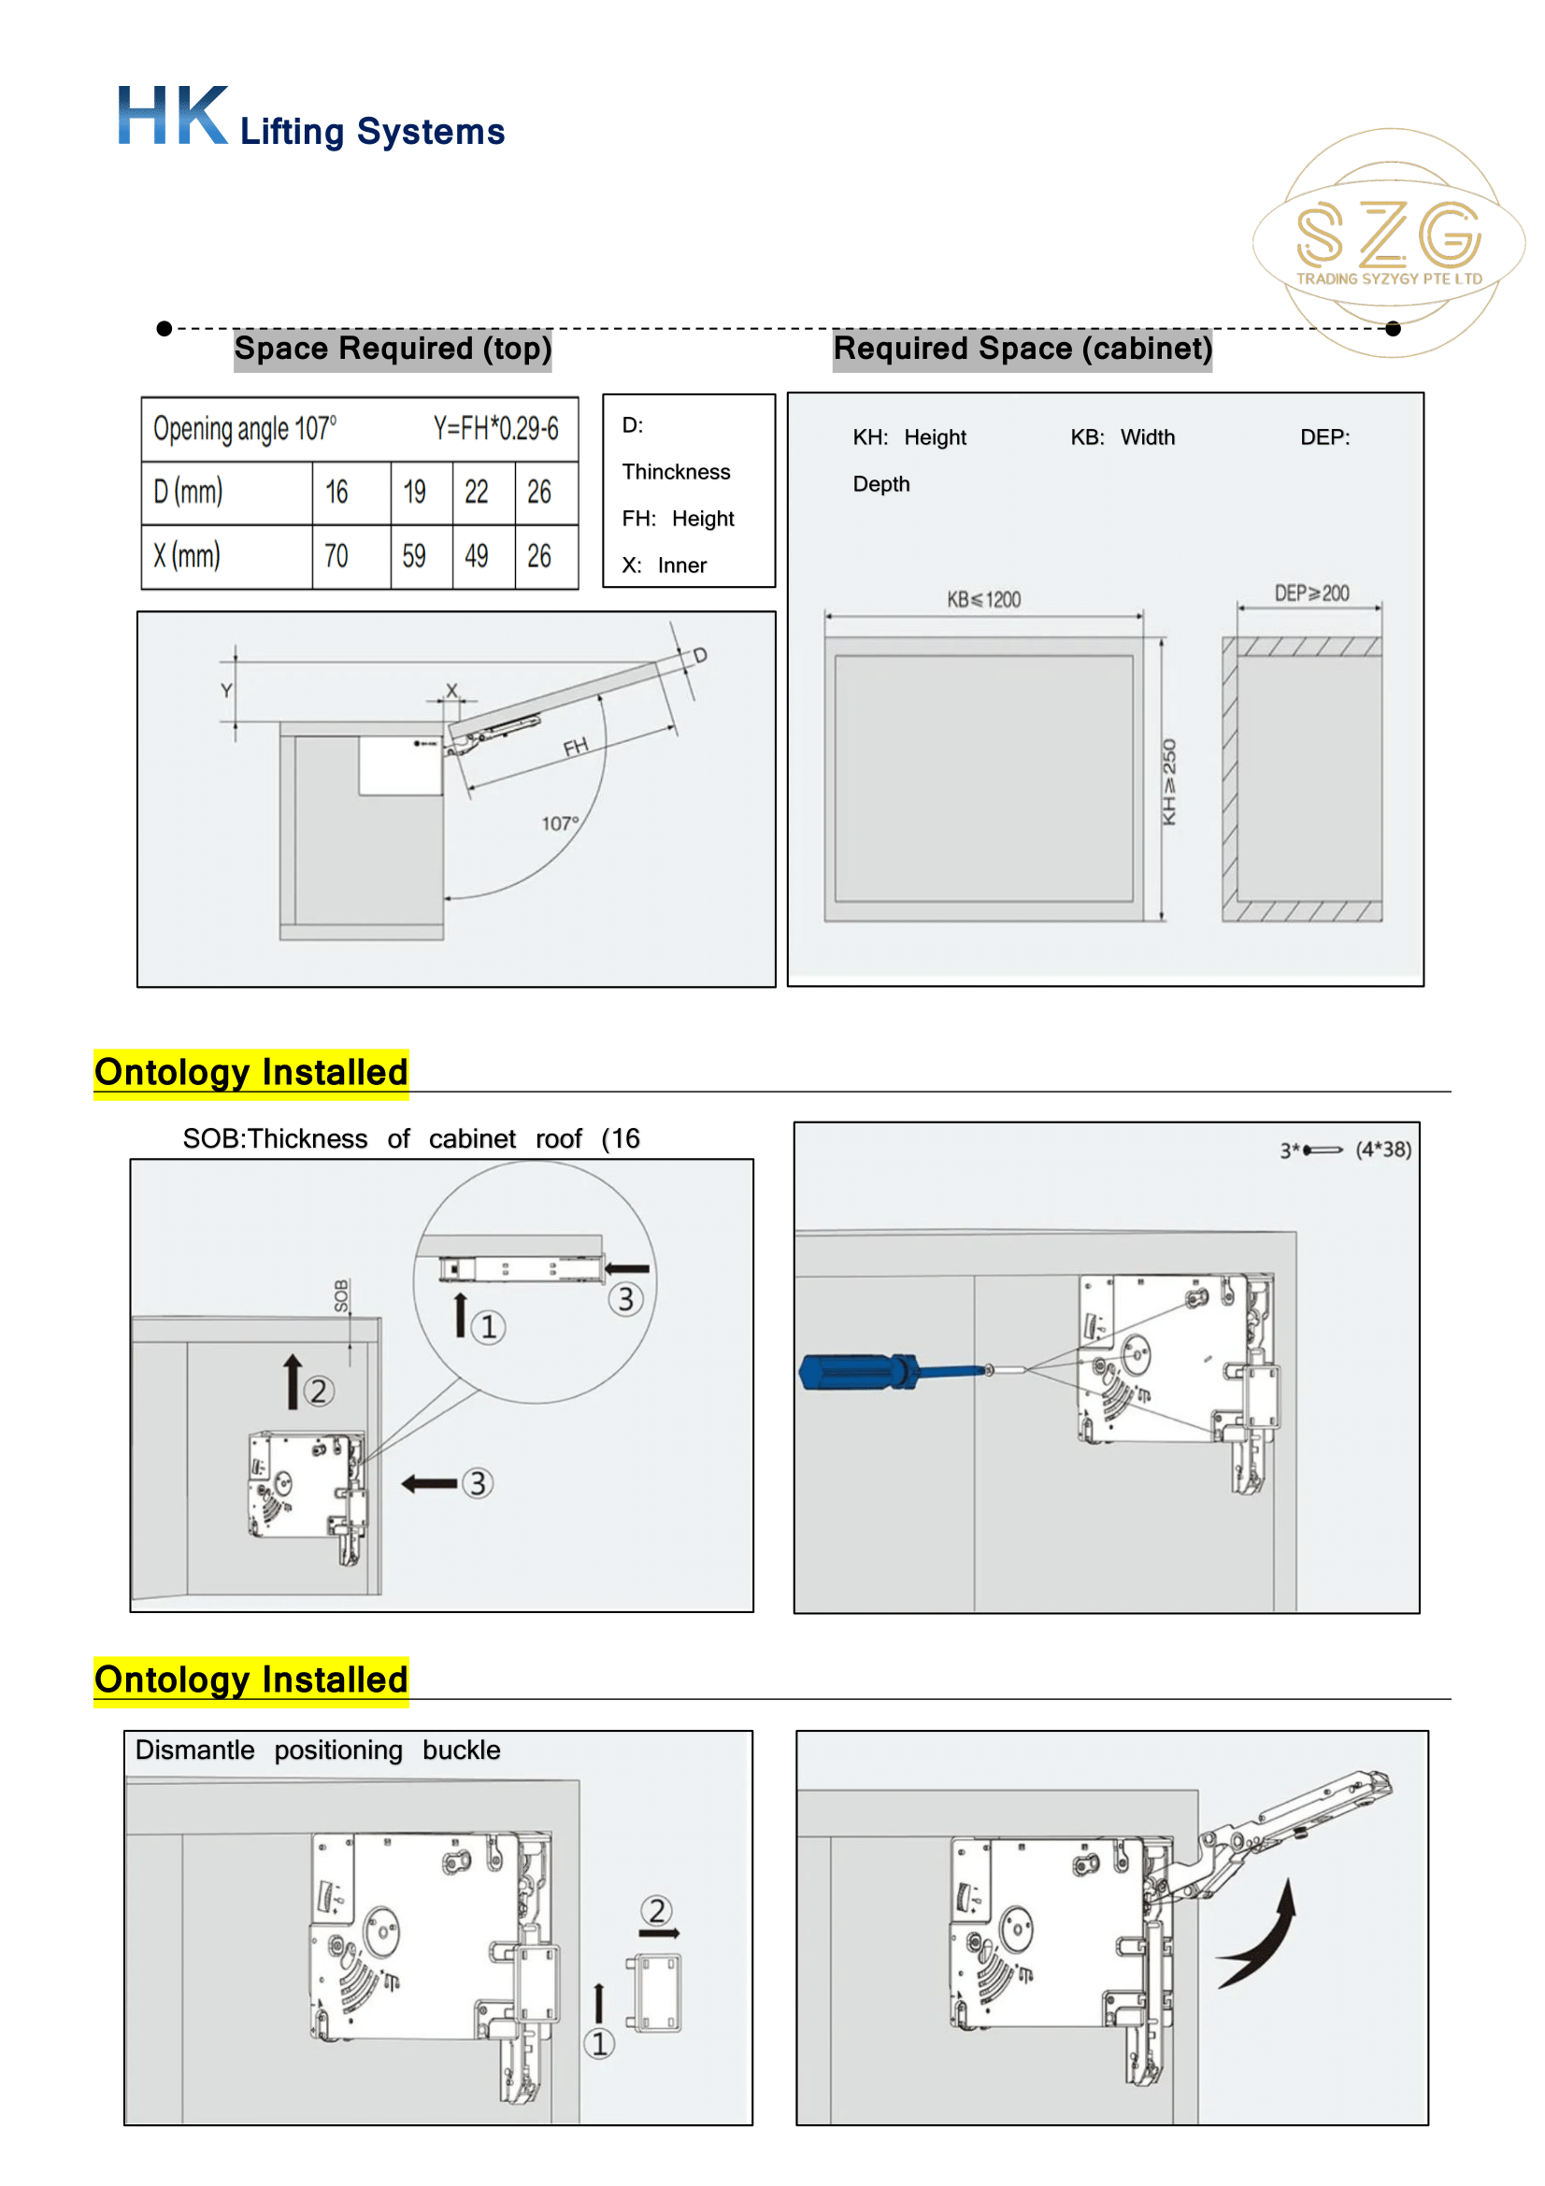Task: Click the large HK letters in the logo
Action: (x=172, y=116)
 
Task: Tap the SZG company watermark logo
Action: (x=1388, y=241)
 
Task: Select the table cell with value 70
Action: (x=336, y=556)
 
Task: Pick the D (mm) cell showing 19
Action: (x=414, y=493)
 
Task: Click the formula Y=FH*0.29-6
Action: (x=496, y=428)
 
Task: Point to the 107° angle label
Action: (x=560, y=823)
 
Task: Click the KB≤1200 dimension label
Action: (x=983, y=600)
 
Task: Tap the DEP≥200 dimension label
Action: (x=1311, y=594)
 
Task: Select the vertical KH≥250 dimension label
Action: (x=1170, y=781)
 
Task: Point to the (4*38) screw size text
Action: (x=1383, y=1150)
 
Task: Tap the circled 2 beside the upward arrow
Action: (x=319, y=1392)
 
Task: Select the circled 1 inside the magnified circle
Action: (x=488, y=1327)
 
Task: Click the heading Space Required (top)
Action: (x=393, y=349)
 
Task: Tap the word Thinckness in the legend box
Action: (x=676, y=472)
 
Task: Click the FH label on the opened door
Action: (x=575, y=748)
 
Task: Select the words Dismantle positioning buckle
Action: (x=317, y=1750)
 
